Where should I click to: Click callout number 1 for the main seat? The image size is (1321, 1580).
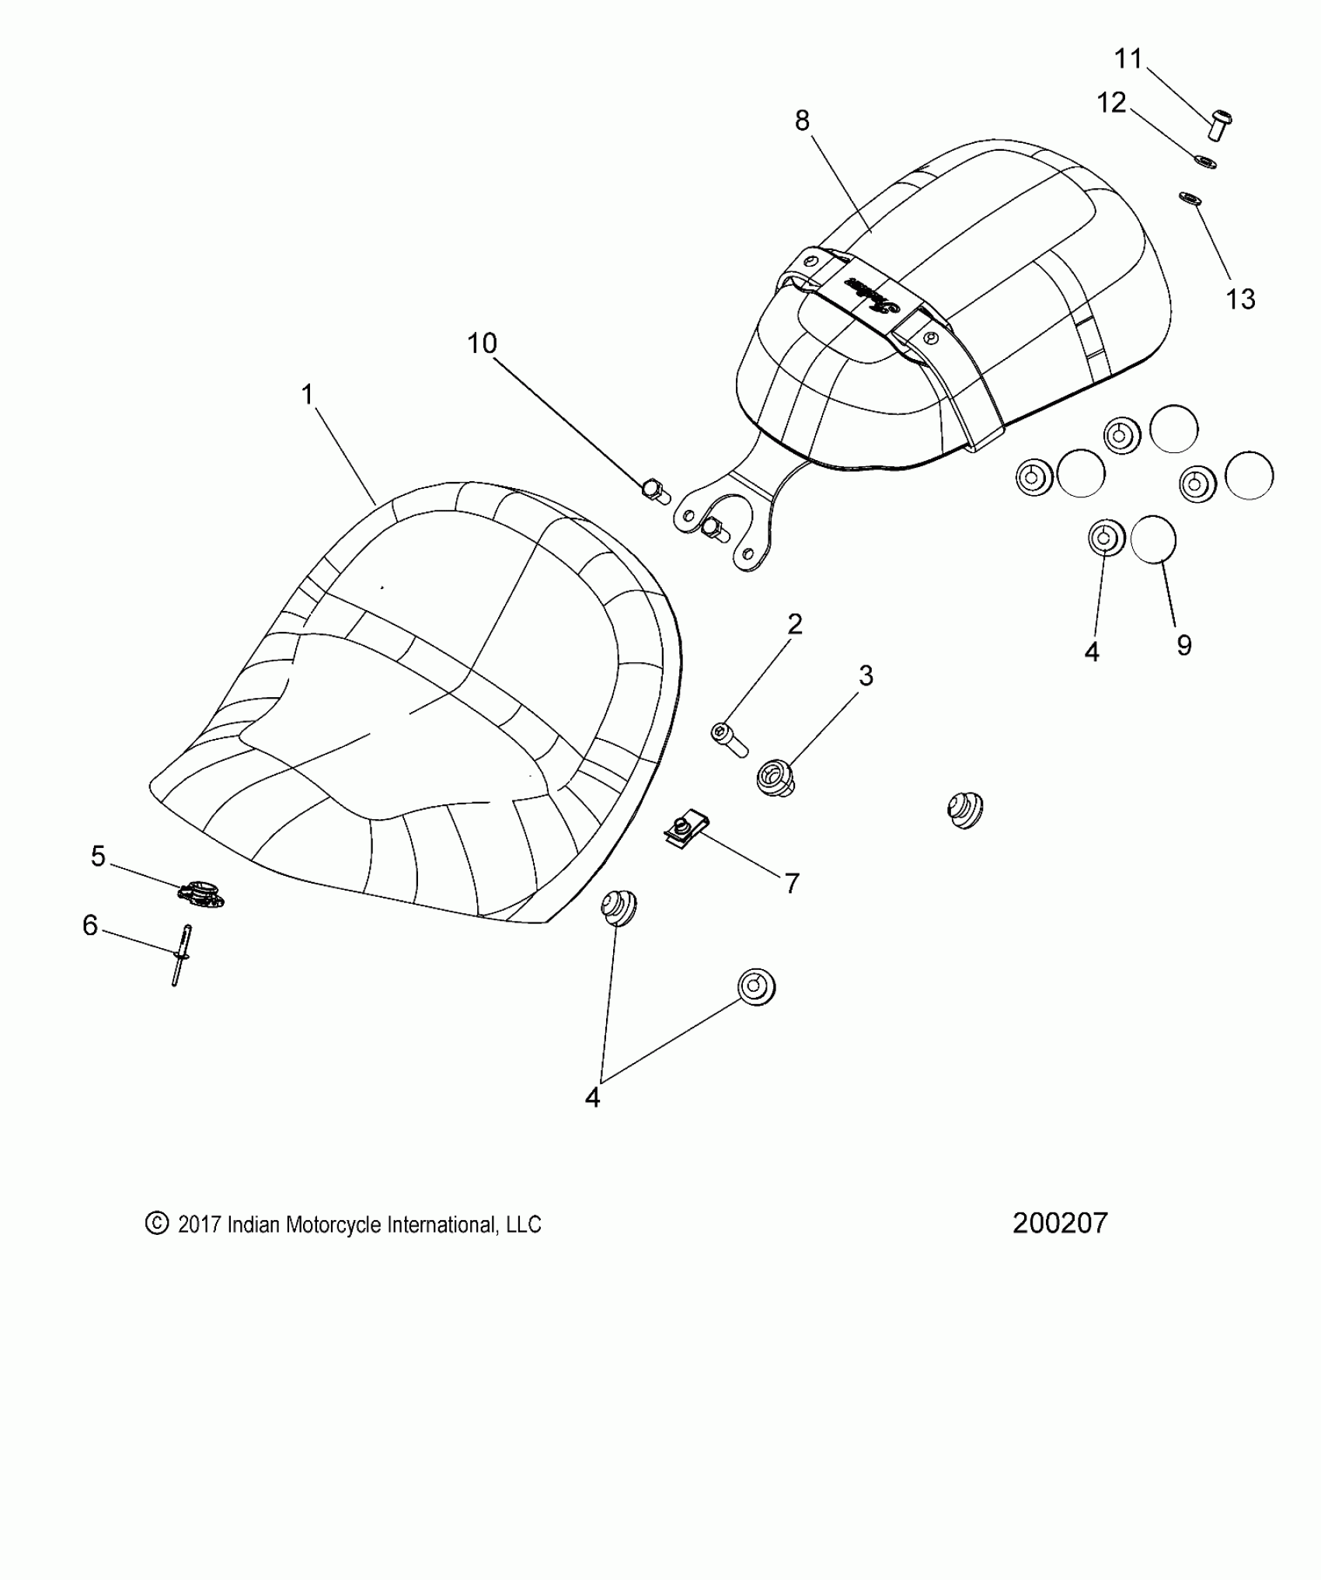308,396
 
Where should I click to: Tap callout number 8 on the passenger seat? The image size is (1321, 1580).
803,120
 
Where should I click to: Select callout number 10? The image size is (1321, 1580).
482,344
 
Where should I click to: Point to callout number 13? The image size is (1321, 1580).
1240,299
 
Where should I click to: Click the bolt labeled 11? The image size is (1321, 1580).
1219,124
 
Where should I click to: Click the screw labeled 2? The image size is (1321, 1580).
728,738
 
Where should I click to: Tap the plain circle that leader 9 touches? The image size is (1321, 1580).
1153,539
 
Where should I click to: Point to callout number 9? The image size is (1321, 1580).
1184,645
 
